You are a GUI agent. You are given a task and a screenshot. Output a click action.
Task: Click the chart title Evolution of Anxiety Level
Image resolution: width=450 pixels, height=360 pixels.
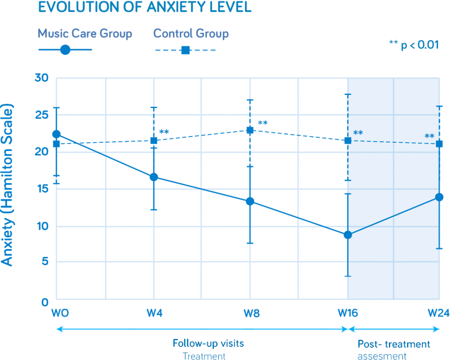145,7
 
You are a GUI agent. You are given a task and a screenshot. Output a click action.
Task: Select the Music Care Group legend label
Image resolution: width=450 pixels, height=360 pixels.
85,33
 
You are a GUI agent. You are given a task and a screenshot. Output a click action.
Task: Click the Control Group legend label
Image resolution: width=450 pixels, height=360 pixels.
191,33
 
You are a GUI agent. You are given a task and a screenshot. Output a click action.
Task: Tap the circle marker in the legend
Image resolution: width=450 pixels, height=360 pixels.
65,50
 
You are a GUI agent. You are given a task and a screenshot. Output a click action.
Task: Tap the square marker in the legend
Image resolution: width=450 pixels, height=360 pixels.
185,50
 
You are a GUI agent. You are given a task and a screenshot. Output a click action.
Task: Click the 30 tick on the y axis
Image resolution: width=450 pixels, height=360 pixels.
44,78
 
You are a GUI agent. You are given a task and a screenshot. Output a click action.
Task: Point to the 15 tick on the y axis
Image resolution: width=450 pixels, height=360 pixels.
44,189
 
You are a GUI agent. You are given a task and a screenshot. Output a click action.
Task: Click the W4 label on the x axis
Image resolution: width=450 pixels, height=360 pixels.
154,313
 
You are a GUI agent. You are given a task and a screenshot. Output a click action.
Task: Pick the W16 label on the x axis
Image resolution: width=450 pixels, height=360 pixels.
348,313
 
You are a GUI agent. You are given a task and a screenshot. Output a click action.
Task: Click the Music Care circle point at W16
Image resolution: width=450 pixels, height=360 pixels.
348,235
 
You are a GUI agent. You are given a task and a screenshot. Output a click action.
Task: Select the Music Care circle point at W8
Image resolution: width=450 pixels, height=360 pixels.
250,202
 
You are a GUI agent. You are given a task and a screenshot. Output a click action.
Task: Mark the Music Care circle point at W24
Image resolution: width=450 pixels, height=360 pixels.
439,197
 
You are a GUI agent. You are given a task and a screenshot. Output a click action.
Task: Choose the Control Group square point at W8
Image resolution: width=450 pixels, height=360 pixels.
250,130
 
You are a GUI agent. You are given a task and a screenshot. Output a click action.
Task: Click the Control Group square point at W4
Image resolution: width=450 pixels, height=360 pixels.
154,140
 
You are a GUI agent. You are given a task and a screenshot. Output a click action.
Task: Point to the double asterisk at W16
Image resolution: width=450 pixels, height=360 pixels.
358,133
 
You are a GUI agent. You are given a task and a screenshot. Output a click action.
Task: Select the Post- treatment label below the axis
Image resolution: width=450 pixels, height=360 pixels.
393,344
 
